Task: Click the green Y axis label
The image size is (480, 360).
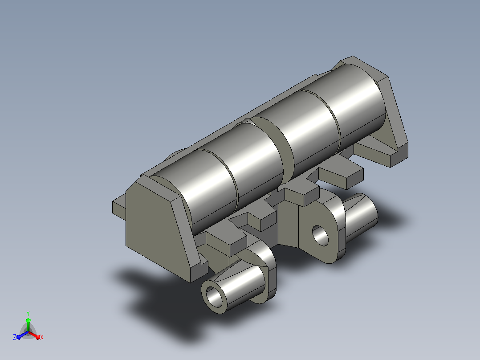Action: point(28,313)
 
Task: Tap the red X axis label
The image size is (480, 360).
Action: point(42,337)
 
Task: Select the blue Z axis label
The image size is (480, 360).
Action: point(15,337)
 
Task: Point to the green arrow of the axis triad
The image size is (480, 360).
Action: point(28,324)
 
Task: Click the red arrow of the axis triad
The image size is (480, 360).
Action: point(34,335)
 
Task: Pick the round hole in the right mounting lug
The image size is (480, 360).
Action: point(320,235)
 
